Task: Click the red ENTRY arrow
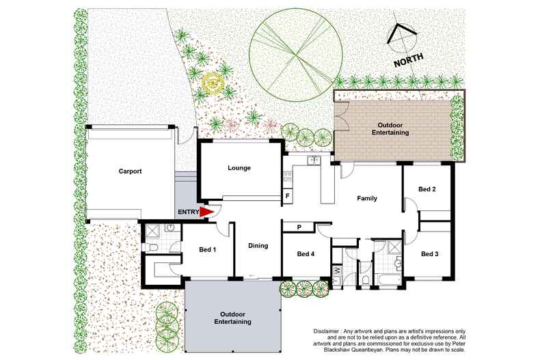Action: pos(206,212)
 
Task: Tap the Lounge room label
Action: pos(239,168)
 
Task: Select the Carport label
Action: pos(130,171)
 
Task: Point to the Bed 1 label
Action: pos(207,249)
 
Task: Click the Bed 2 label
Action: pos(427,189)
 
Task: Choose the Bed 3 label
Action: pos(430,254)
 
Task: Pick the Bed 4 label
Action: pos(306,254)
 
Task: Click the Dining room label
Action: pos(258,246)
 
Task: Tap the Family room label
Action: pos(367,198)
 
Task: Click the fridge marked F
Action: pos(288,197)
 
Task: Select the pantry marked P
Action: pos(299,227)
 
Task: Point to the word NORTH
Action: pos(409,60)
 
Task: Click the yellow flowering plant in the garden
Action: pos(213,83)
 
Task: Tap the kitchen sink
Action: pos(314,160)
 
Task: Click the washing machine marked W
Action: pos(337,270)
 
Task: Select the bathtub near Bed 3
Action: pos(388,279)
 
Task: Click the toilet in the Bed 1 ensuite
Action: pos(152,247)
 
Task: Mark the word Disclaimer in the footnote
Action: pos(325,331)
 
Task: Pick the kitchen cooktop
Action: pos(288,176)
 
